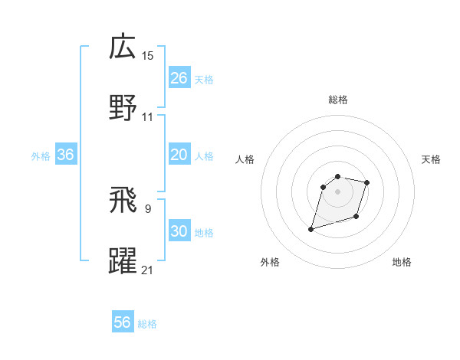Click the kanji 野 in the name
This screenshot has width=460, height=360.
[123, 108]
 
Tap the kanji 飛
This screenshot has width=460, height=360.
[123, 200]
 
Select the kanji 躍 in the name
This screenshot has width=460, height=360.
[123, 261]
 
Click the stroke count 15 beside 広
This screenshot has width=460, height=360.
[148, 55]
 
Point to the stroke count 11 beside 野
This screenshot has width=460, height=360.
[148, 117]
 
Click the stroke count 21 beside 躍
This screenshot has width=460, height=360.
[148, 270]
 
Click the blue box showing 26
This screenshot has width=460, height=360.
[179, 77]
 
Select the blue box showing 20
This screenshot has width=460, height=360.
[179, 155]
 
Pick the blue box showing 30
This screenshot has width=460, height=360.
[179, 231]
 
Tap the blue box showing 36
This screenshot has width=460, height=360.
[66, 155]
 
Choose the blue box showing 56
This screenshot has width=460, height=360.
[123, 322]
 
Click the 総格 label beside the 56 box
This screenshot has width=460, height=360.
[147, 324]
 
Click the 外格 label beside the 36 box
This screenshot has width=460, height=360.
[41, 156]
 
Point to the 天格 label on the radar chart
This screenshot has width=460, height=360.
[432, 159]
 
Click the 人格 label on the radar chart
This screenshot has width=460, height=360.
[245, 159]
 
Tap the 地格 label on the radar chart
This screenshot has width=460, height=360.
[402, 262]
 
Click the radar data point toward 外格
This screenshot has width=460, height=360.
[311, 229]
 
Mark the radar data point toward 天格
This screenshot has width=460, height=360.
[367, 182]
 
